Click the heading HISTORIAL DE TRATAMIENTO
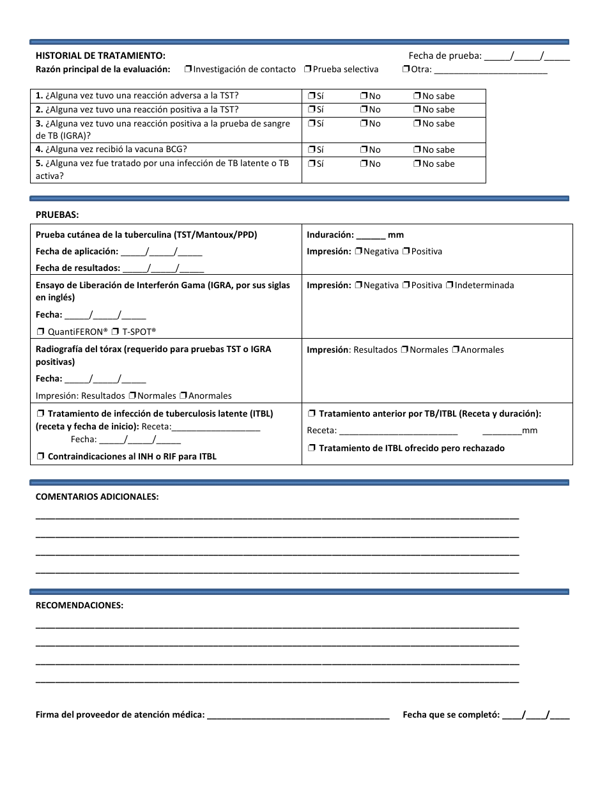(100, 56)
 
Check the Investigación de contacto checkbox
(188, 69)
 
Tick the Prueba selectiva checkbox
(308, 69)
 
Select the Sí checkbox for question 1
(312, 96)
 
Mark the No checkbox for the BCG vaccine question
(364, 150)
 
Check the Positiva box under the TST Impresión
(406, 251)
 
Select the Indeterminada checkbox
(450, 285)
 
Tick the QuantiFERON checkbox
(40, 332)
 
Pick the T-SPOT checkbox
(115, 332)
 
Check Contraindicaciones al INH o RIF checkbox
(40, 456)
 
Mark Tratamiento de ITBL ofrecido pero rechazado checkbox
(312, 448)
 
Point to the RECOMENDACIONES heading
(79, 605)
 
